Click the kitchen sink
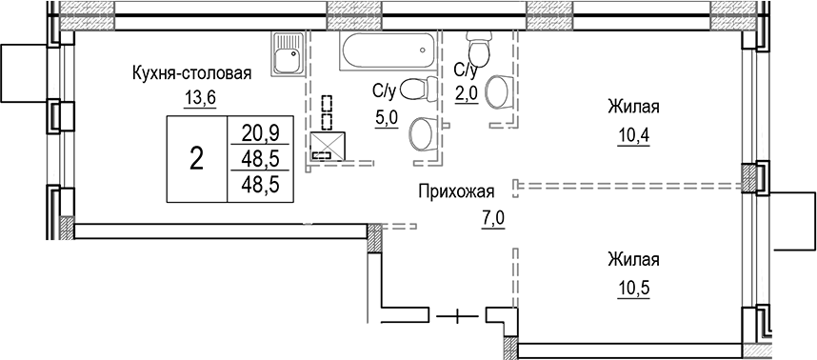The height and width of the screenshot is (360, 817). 287,56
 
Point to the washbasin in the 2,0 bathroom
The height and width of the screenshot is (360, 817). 497,93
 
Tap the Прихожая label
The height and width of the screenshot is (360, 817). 456,191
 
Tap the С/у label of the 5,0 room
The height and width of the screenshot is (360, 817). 384,91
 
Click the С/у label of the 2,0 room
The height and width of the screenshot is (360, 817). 466,70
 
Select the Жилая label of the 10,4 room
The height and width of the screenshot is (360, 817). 633,108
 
